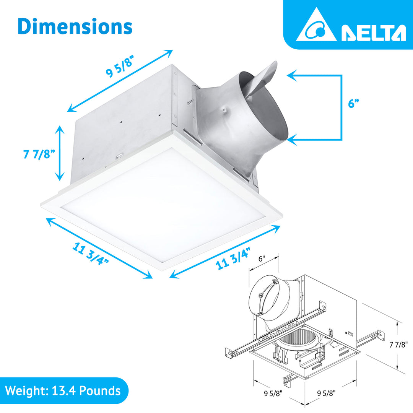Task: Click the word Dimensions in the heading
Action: click(x=75, y=27)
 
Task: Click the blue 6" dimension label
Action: click(x=354, y=104)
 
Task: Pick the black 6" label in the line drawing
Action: click(x=262, y=259)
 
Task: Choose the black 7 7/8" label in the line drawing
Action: click(x=398, y=344)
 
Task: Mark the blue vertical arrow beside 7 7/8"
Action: click(x=59, y=153)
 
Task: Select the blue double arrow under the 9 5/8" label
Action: click(x=120, y=81)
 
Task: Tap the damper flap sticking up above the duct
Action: click(x=264, y=76)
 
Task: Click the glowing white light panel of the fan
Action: click(x=163, y=208)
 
